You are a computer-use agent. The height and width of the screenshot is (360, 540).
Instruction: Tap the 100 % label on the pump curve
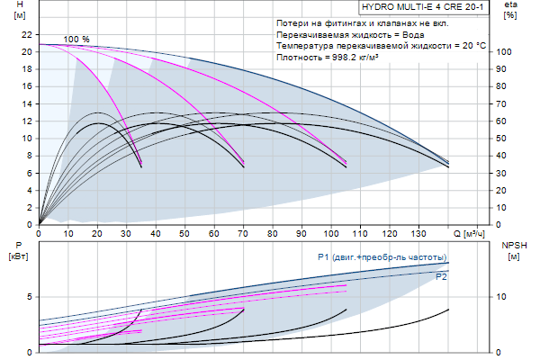(x=76, y=40)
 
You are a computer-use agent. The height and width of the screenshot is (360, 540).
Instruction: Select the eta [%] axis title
(x=510, y=11)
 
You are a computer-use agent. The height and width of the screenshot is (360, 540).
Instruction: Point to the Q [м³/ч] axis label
(x=472, y=233)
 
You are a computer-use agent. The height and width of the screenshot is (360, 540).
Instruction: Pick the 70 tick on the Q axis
(x=243, y=233)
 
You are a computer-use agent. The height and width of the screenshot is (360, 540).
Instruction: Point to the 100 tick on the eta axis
(x=506, y=52)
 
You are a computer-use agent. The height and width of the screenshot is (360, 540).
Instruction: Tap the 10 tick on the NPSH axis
(x=504, y=296)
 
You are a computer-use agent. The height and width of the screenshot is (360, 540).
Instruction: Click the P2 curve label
(x=441, y=277)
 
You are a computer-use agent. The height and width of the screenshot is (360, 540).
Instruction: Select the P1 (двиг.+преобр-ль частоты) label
(x=381, y=256)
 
